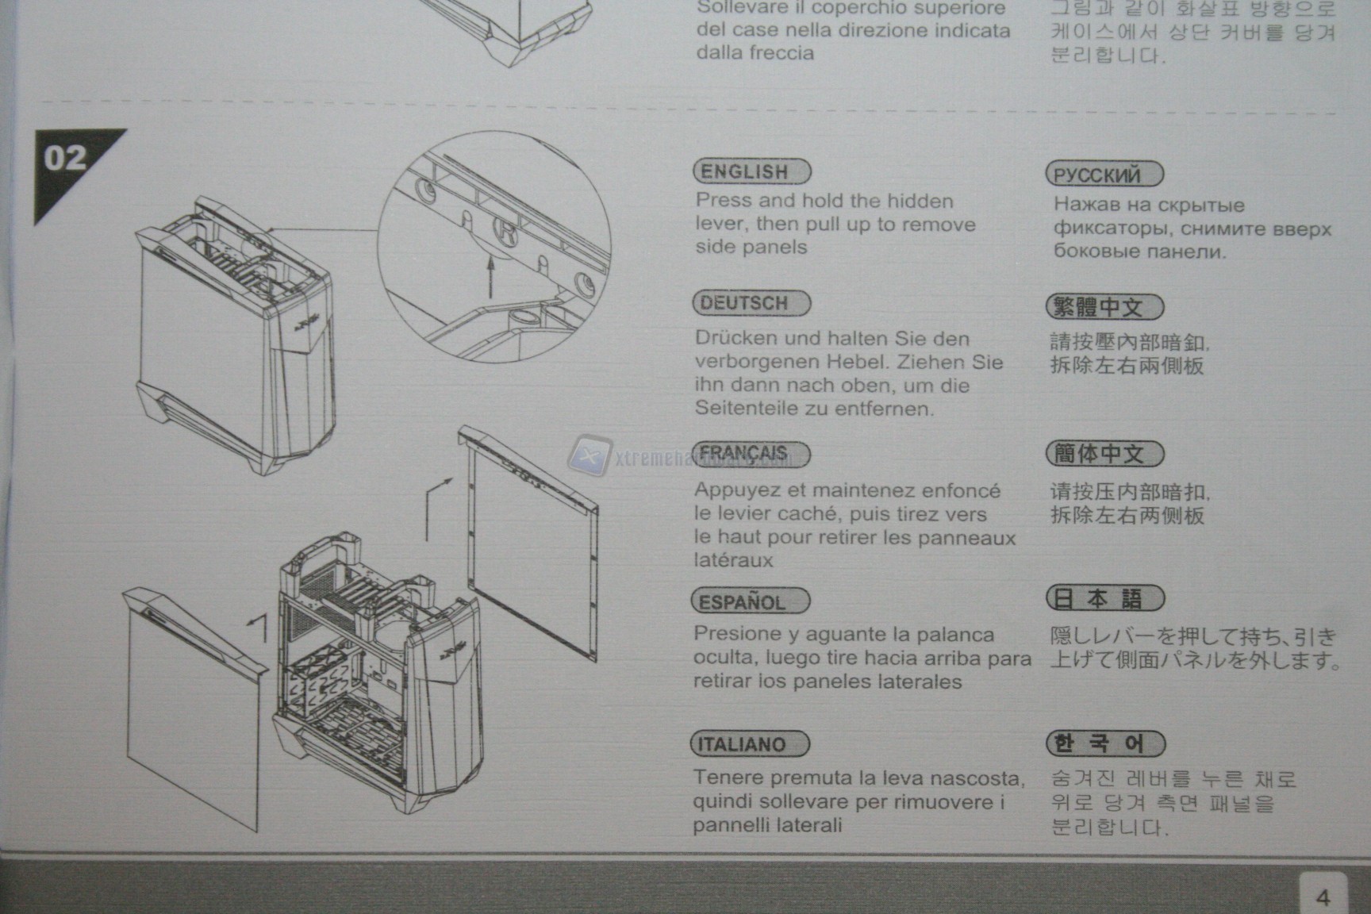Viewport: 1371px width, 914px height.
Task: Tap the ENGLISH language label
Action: point(751,171)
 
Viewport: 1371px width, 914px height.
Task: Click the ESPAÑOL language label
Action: point(751,601)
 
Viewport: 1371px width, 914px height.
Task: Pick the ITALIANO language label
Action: point(750,744)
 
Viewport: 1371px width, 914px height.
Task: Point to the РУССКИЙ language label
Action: point(1104,174)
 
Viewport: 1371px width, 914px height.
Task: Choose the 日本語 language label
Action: point(1105,598)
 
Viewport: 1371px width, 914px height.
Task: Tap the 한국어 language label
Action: point(1105,744)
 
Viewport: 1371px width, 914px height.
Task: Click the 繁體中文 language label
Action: point(1104,307)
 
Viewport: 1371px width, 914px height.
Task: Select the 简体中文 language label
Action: point(1104,454)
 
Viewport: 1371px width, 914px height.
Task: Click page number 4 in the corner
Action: point(1323,897)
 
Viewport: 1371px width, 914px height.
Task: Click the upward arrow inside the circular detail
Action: point(490,277)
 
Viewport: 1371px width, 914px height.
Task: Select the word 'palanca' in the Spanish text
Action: point(960,635)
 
